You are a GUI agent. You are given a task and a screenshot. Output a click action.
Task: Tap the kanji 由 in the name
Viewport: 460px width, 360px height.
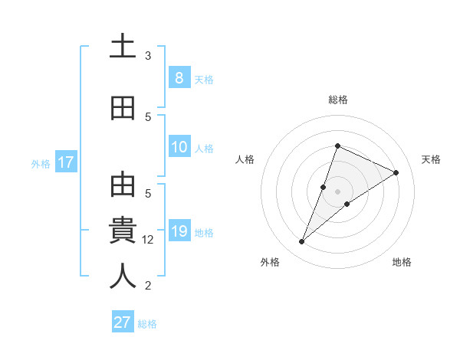click(123, 186)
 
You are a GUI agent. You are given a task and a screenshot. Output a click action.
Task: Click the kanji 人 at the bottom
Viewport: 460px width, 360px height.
click(123, 276)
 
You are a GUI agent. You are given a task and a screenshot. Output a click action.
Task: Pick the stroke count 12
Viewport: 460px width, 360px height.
click(148, 240)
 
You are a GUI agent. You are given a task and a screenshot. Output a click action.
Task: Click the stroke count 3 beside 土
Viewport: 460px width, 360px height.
click(148, 56)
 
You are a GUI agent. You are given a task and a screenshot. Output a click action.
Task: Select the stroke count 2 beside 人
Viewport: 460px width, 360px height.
click(148, 286)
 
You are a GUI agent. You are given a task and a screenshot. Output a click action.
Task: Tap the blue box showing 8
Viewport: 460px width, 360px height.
click(179, 77)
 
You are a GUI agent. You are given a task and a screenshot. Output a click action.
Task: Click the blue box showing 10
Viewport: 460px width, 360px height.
click(179, 147)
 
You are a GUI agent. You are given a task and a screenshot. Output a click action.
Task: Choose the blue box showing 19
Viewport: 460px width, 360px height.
click(179, 231)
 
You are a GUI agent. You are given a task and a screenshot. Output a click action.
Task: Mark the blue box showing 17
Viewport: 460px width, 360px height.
click(65, 162)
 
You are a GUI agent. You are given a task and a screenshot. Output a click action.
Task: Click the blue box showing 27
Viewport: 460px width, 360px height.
click(123, 322)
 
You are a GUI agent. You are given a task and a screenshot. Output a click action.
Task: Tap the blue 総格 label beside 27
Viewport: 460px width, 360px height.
click(147, 324)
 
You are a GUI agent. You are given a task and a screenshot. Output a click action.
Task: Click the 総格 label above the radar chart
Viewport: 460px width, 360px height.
click(338, 100)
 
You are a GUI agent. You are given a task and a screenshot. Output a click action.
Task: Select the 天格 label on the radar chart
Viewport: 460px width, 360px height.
click(432, 159)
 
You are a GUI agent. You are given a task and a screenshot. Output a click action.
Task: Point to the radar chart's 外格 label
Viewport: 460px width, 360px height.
click(270, 262)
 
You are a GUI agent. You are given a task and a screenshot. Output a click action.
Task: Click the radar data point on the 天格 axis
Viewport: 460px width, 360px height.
click(396, 172)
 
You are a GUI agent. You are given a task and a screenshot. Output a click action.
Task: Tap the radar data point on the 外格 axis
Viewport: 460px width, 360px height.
click(302, 242)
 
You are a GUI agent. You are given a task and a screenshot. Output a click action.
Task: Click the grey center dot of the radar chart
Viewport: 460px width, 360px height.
click(338, 191)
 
